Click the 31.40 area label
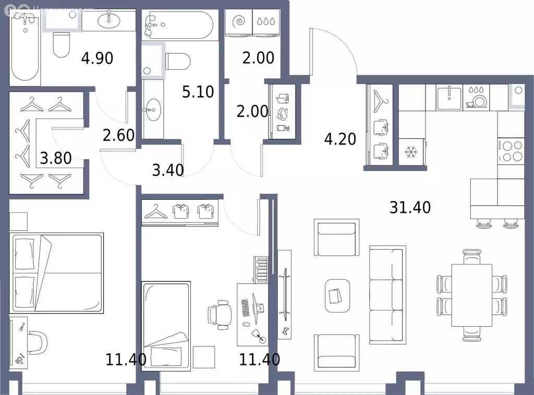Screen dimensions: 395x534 (410, 208)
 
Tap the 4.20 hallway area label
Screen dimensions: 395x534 (340, 139)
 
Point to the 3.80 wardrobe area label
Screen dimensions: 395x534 (56, 157)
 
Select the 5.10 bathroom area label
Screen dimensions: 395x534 (198, 92)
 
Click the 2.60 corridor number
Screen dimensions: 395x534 (119, 135)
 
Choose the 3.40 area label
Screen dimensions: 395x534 (167, 170)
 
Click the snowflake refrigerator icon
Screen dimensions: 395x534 (412, 153)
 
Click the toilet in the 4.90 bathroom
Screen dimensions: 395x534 (62, 45)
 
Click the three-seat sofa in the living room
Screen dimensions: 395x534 (386, 288)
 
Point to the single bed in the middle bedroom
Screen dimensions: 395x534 (166, 326)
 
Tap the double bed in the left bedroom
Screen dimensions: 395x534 (55, 272)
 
